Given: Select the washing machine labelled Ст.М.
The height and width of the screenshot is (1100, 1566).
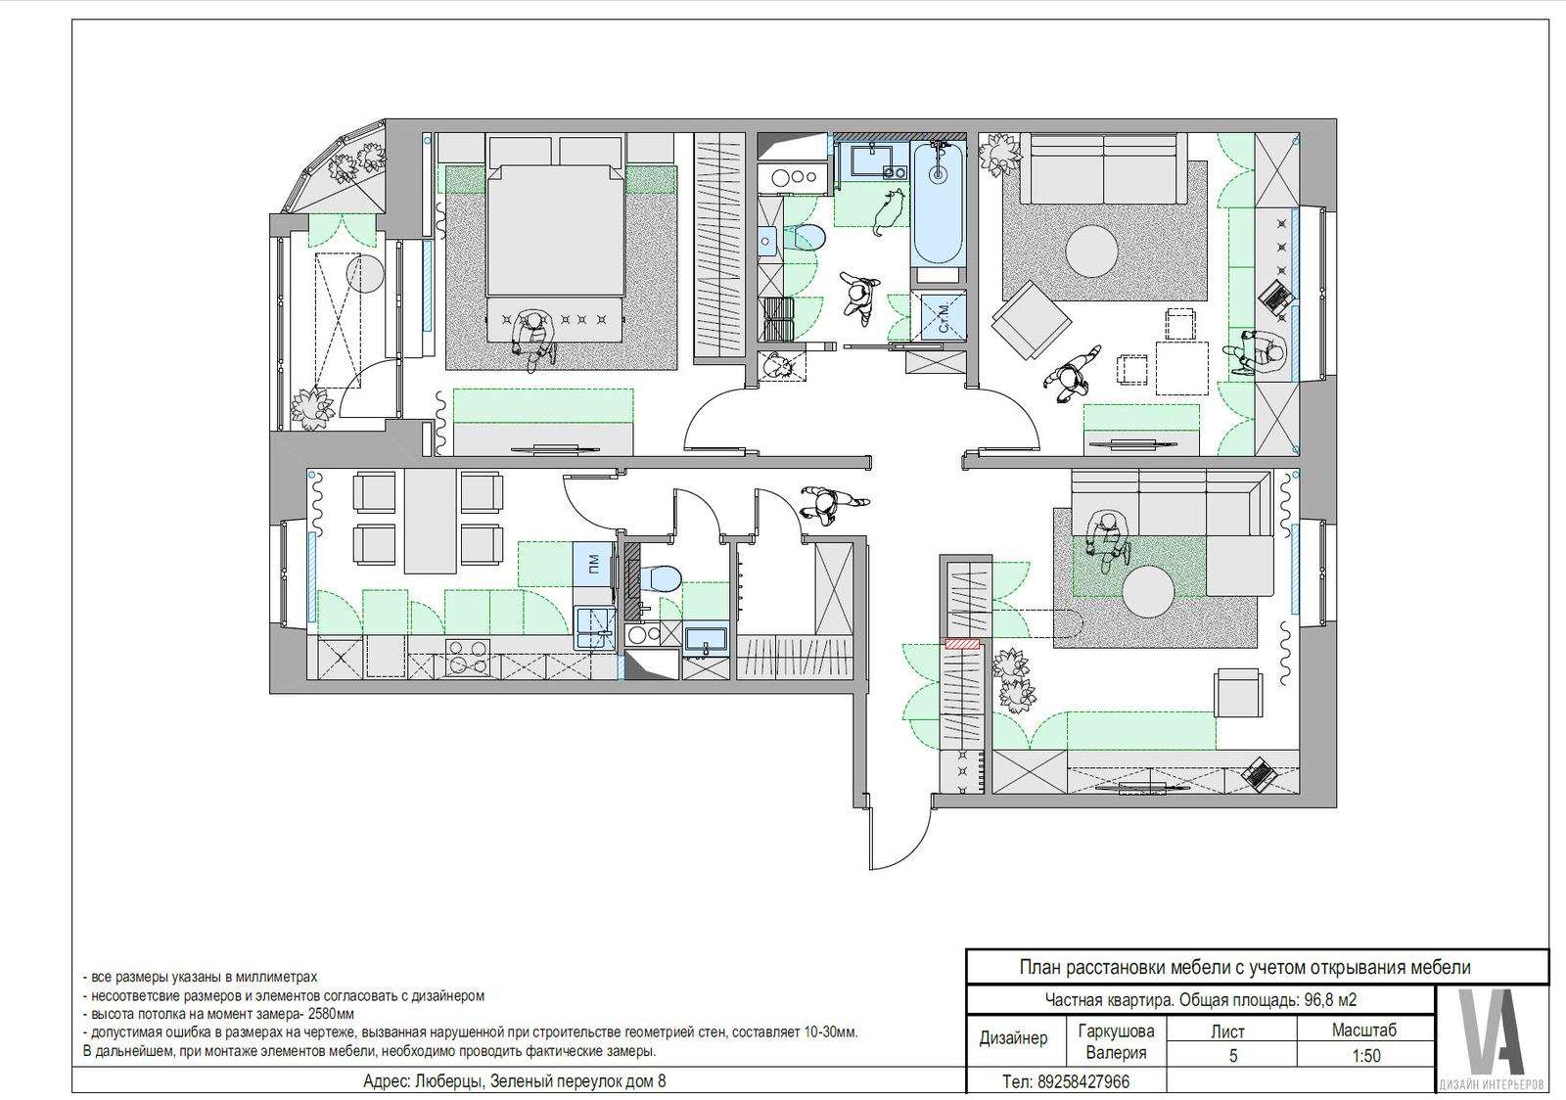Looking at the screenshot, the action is tap(944, 318).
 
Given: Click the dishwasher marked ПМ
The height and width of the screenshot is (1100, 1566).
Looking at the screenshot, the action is tap(593, 564).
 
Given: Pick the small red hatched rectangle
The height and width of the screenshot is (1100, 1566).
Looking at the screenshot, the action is tap(963, 644).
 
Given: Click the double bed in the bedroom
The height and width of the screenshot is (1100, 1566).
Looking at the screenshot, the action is tap(555, 231).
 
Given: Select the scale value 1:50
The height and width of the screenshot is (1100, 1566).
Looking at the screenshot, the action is tap(1365, 1055).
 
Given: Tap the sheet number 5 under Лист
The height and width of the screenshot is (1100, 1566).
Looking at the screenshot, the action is tap(1233, 1055).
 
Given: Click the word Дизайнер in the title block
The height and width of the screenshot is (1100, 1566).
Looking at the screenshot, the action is tap(1013, 1038).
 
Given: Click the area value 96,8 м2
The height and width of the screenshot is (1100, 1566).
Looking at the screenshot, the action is tap(1330, 1000).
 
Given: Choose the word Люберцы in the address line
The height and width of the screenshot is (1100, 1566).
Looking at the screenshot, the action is tap(447, 1081).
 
